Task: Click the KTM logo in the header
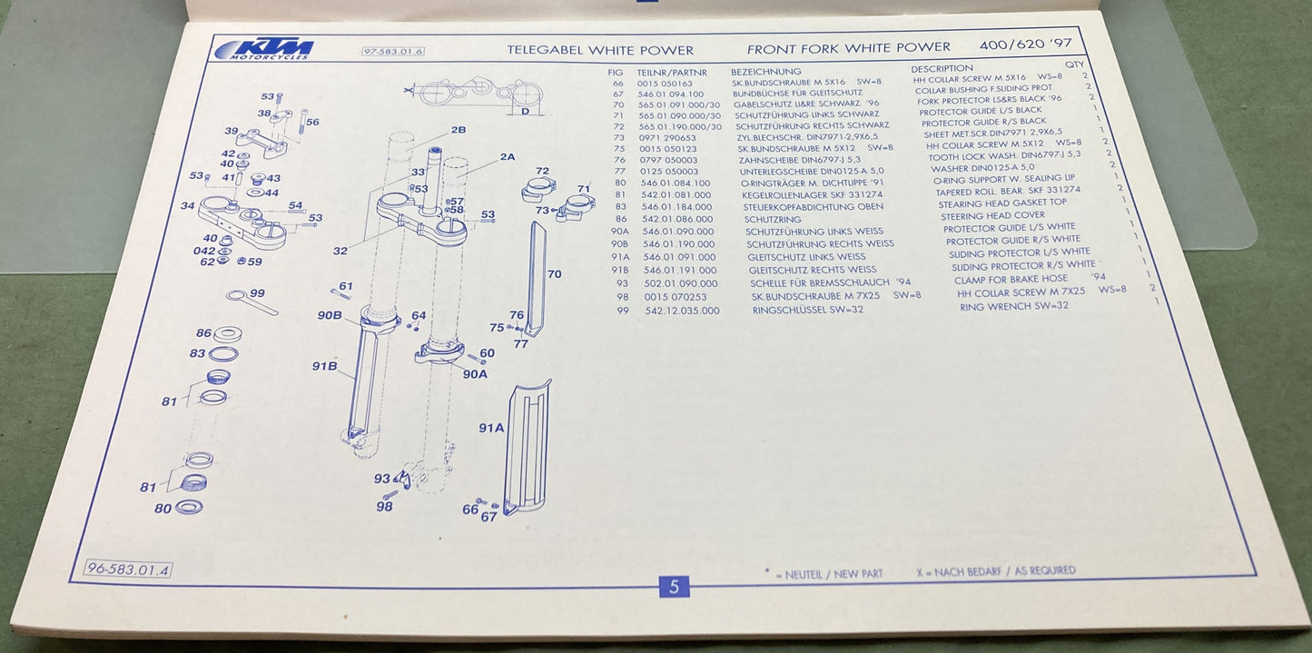point(264,49)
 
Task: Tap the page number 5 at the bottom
point(674,587)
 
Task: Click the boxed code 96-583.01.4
point(128,569)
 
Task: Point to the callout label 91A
point(490,427)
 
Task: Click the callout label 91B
point(324,367)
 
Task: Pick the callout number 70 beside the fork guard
point(553,272)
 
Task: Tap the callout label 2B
point(458,130)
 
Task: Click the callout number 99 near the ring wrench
point(257,292)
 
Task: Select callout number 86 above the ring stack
point(202,333)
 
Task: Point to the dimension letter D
point(524,111)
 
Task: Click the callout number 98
point(384,506)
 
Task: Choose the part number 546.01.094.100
point(671,94)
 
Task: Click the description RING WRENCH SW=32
point(1013,306)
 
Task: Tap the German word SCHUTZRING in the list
point(772,220)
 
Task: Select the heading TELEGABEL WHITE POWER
point(599,51)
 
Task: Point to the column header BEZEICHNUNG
point(765,71)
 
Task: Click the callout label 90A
point(475,373)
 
